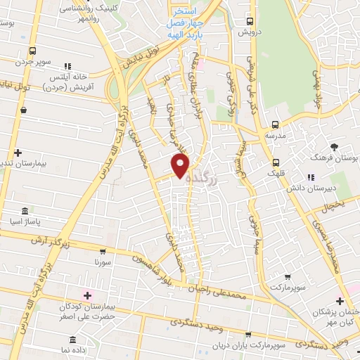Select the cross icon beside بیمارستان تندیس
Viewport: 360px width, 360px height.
(x=18, y=152)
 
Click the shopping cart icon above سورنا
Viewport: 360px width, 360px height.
(x=103, y=251)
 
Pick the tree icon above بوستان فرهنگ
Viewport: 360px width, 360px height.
(x=335, y=147)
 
